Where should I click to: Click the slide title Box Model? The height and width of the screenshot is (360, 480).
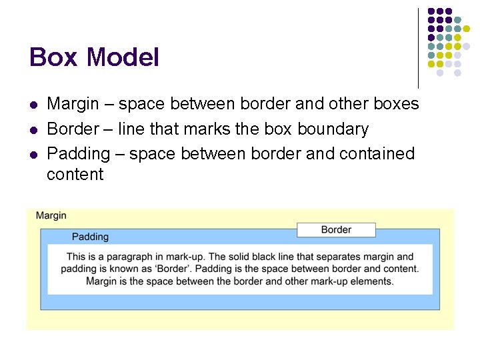94,58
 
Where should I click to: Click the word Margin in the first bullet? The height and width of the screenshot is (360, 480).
69,104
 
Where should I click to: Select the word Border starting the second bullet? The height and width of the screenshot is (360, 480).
69,129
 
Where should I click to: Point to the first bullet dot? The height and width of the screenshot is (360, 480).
33,105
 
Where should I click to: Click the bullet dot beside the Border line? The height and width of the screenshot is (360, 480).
33,130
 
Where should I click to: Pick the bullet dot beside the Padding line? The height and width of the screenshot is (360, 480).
33,155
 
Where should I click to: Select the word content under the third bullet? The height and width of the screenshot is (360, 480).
75,175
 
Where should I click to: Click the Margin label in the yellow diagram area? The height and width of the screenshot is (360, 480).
51,215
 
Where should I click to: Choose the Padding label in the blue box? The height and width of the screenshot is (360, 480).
90,237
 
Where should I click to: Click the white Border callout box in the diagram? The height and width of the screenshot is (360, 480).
336,230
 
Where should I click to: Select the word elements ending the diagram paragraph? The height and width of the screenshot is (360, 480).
371,281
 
